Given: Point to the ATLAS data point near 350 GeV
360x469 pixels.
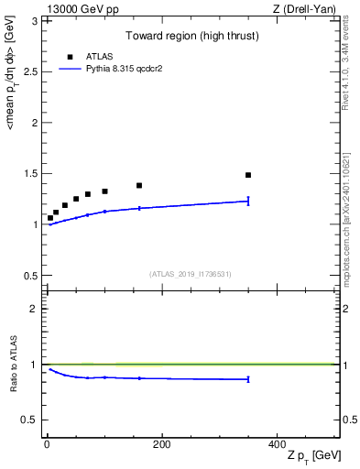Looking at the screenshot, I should pyautogui.click(x=248, y=175).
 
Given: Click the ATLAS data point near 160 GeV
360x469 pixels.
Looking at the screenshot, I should pyautogui.click(x=139, y=186).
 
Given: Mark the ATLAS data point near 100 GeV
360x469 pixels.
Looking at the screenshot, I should pyautogui.click(x=104, y=191).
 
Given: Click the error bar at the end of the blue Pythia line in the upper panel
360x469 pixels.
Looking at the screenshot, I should pyautogui.click(x=248, y=201).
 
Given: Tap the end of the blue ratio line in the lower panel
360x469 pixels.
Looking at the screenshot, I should pyautogui.click(x=248, y=379).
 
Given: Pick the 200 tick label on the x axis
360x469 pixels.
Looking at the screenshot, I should pyautogui.click(x=161, y=443).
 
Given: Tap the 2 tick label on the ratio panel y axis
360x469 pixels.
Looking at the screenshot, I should pyautogui.click(x=34, y=309).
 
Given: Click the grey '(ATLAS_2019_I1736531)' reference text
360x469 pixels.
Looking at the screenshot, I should pyautogui.click(x=191, y=274).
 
